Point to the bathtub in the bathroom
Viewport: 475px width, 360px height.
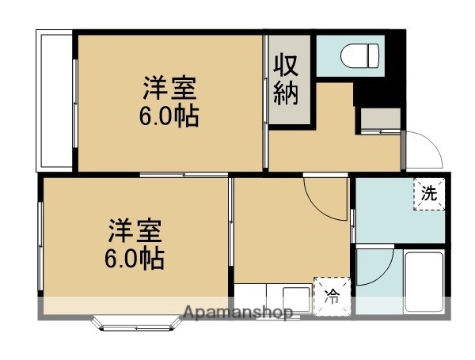point(424,281)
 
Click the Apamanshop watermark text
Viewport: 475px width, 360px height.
point(238,312)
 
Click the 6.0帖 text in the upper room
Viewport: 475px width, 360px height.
point(169,117)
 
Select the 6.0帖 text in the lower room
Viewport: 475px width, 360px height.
point(135,259)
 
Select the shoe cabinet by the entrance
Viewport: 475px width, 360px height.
point(378,119)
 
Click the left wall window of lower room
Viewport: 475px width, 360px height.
point(40,245)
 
